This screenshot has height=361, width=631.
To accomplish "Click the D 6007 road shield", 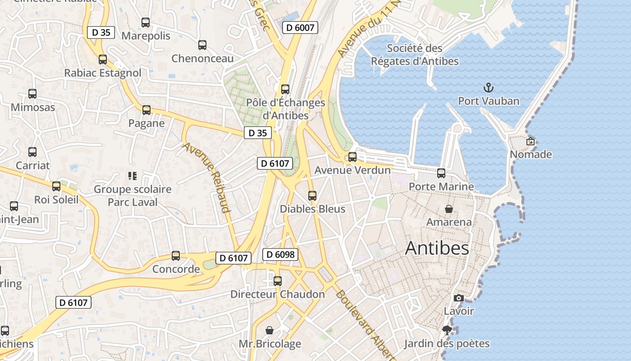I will point(300,28).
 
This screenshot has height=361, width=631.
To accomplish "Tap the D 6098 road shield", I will point(280,255).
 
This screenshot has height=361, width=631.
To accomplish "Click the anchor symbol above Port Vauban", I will point(488,87).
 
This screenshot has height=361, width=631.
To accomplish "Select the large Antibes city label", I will point(437,248).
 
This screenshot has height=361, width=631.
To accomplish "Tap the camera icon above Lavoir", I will point(459,298).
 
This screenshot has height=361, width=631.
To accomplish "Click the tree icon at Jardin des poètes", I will point(447,330).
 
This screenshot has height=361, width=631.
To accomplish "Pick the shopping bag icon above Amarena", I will point(449,208).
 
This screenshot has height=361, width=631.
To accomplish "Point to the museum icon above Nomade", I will point(530,141).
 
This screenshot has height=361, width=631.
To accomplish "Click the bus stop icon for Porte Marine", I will point(441,173).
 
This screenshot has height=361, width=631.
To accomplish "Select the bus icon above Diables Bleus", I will point(312,195).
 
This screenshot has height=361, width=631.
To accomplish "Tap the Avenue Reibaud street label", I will point(207,177).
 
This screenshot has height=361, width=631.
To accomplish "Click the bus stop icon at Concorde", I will point(176,256).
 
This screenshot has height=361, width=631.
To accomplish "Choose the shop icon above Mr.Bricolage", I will point(270,330).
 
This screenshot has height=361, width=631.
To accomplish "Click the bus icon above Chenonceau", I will point(202,45).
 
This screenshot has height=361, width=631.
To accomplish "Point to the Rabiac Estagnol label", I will point(103,73).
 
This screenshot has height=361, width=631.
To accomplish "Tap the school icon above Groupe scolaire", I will point(132,176).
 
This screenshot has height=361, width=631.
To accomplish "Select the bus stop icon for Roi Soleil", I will point(56,186).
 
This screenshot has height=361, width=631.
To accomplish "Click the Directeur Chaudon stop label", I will point(277,294).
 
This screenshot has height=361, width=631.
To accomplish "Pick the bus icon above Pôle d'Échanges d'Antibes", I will point(285,89).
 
